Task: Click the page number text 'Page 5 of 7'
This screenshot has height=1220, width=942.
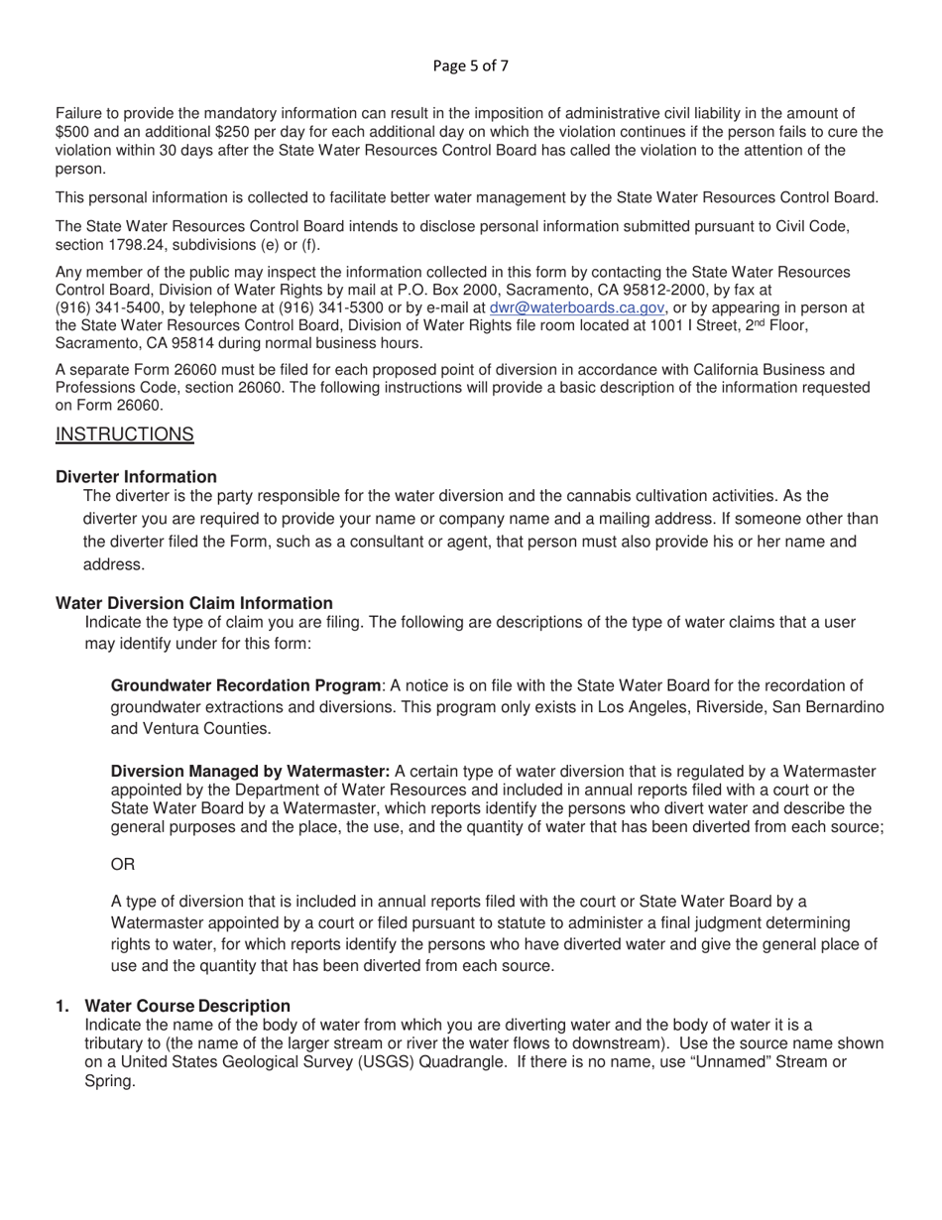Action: click(x=471, y=67)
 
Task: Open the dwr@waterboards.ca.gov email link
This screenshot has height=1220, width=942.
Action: click(x=577, y=307)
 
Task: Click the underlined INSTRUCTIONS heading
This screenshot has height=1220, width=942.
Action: click(x=124, y=434)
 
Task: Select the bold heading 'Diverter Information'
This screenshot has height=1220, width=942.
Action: click(x=136, y=477)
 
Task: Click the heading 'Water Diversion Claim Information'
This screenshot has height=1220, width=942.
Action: click(x=193, y=603)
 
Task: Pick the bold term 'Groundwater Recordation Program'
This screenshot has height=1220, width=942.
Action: click(x=245, y=686)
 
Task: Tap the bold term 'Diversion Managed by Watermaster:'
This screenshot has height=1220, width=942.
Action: click(x=250, y=772)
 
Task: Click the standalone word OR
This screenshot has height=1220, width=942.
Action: click(x=123, y=865)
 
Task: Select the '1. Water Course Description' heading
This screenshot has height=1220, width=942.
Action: click(x=174, y=1006)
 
